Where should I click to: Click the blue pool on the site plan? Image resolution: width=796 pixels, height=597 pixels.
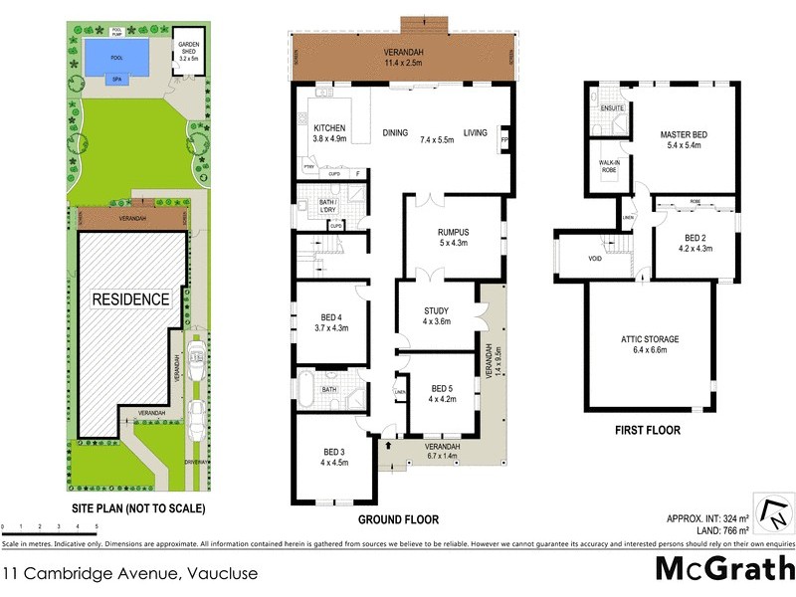[x=112, y=51]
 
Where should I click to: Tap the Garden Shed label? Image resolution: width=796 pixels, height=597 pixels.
[x=189, y=52]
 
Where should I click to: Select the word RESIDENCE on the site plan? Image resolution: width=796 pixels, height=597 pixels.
[x=131, y=298]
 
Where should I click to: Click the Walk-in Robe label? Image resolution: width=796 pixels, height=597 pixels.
[x=608, y=165]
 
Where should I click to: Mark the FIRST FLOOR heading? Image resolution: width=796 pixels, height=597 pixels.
[x=647, y=432]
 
